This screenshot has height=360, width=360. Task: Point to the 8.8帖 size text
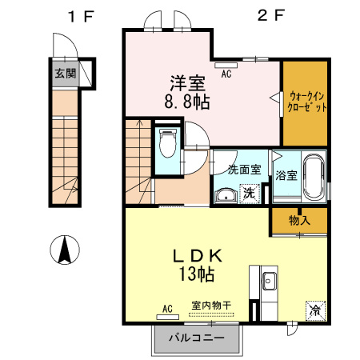click(x=189, y=102)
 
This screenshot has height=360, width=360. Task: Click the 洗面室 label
click(x=244, y=169)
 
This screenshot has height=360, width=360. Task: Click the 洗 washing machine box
click(x=250, y=193)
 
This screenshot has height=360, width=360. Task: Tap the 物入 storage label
click(x=299, y=220)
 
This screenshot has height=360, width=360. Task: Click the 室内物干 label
click(x=211, y=306)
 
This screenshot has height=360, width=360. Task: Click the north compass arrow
click(x=63, y=251)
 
